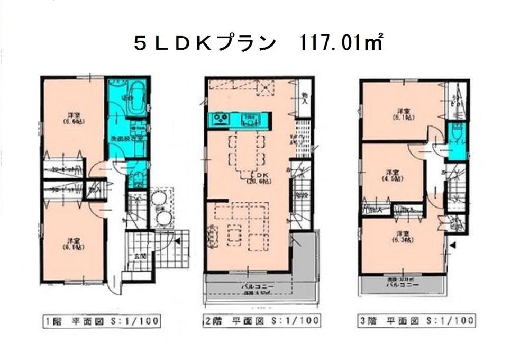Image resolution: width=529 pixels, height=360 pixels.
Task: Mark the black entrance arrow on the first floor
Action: (177, 241)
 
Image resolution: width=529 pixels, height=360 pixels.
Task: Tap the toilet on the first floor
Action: (135, 177)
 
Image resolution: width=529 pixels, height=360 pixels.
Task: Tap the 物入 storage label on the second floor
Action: (305, 98)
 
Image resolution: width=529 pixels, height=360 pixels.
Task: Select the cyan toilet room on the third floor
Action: (457, 141)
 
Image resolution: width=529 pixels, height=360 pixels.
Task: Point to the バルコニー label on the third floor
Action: (402, 284)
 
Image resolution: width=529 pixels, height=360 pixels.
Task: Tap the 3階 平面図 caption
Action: (415, 321)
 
